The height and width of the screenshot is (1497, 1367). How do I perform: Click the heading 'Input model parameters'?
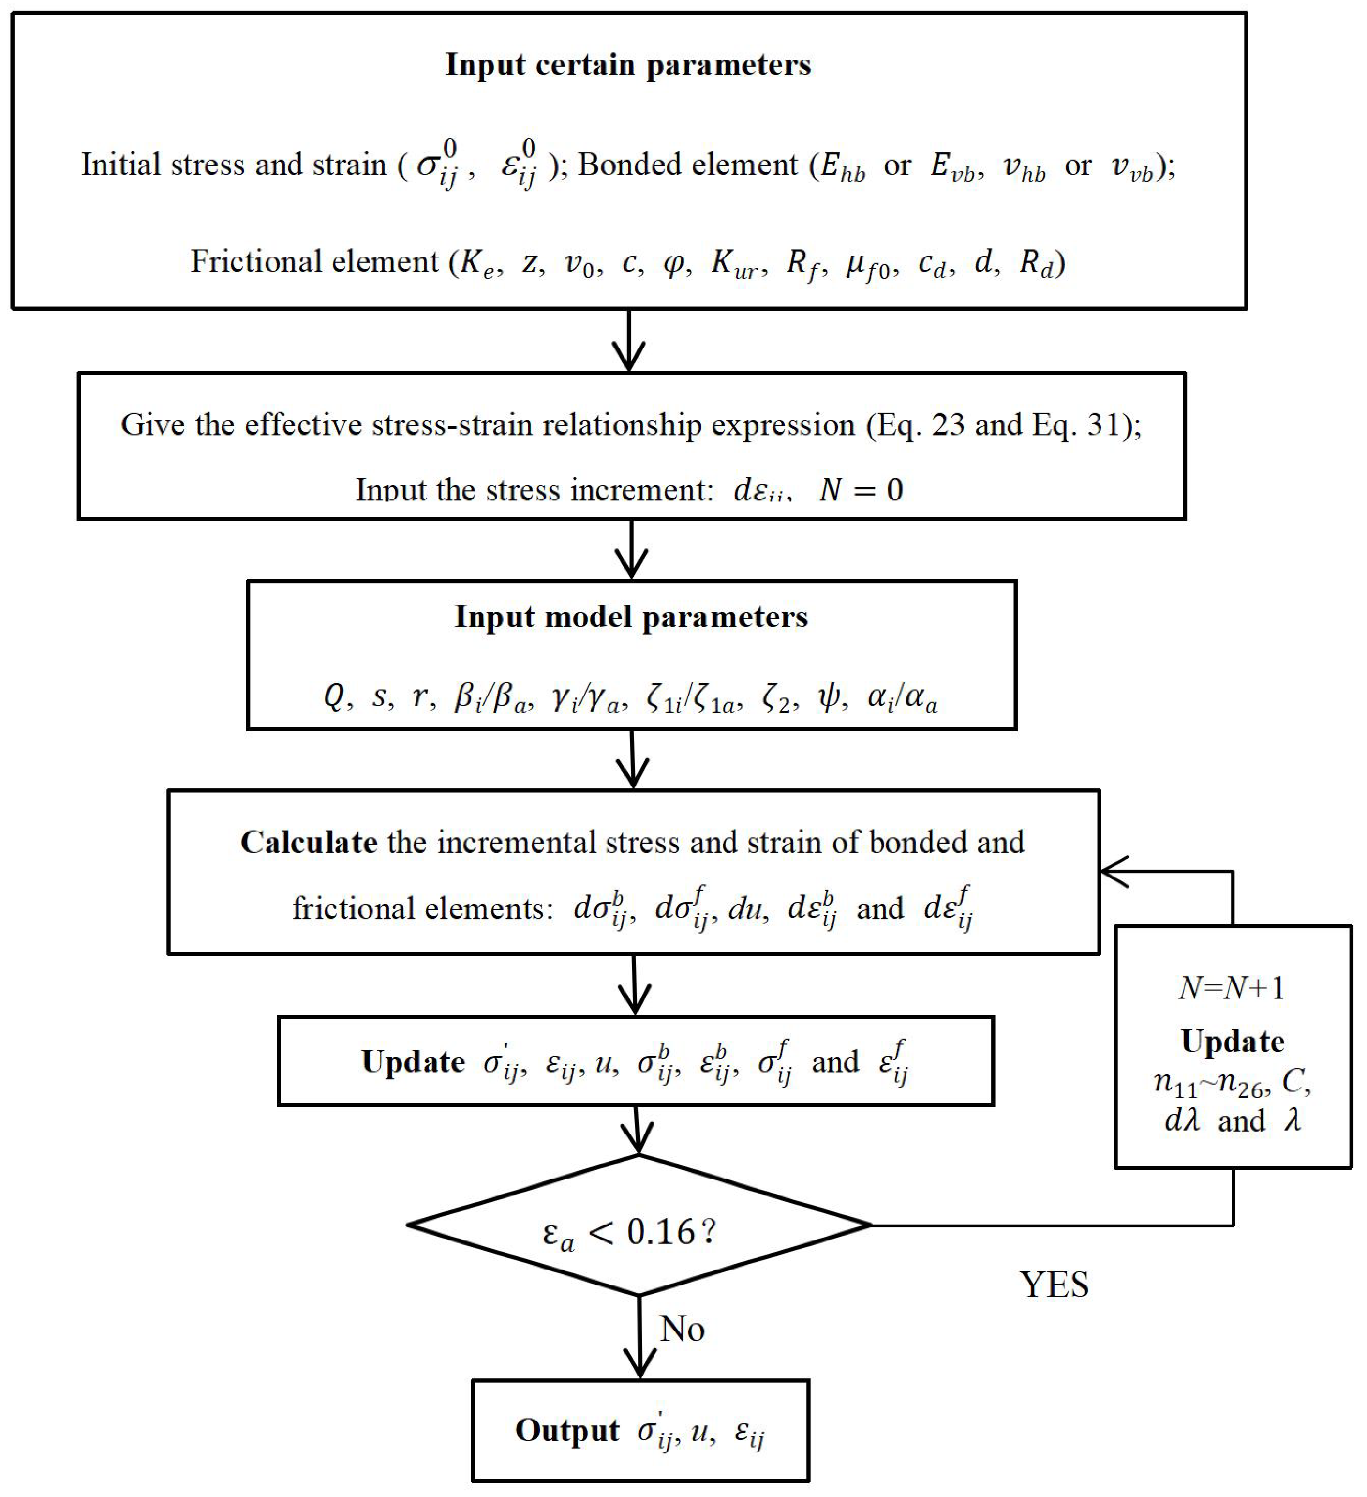pyautogui.click(x=631, y=617)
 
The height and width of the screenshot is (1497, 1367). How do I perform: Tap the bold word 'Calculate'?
pyautogui.click(x=309, y=842)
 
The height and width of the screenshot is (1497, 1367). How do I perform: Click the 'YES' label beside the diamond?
pyautogui.click(x=1054, y=1284)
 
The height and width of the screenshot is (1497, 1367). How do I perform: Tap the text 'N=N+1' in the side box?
pyautogui.click(x=1231, y=988)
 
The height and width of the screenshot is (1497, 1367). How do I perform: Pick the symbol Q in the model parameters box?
pyautogui.click(x=334, y=696)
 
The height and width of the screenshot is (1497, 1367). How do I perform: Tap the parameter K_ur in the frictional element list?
pyautogui.click(x=735, y=262)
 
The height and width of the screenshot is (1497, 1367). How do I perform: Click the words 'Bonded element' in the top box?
pyautogui.click(x=688, y=164)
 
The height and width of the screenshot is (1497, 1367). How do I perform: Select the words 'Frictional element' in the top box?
pyautogui.click(x=315, y=261)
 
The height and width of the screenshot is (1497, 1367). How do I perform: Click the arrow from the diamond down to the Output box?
pyautogui.click(x=639, y=1337)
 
